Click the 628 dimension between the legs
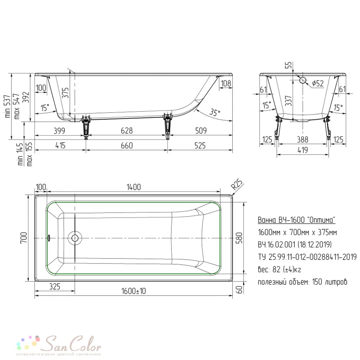click(x=127, y=131)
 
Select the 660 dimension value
click(x=127, y=145)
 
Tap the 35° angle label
click(x=215, y=112)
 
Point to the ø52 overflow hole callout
click(x=318, y=83)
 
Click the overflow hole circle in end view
click(x=303, y=80)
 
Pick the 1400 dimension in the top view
click(x=134, y=187)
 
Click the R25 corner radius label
click(x=237, y=184)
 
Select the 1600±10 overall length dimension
click(x=134, y=291)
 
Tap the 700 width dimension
click(x=24, y=238)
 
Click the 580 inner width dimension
click(x=239, y=238)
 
